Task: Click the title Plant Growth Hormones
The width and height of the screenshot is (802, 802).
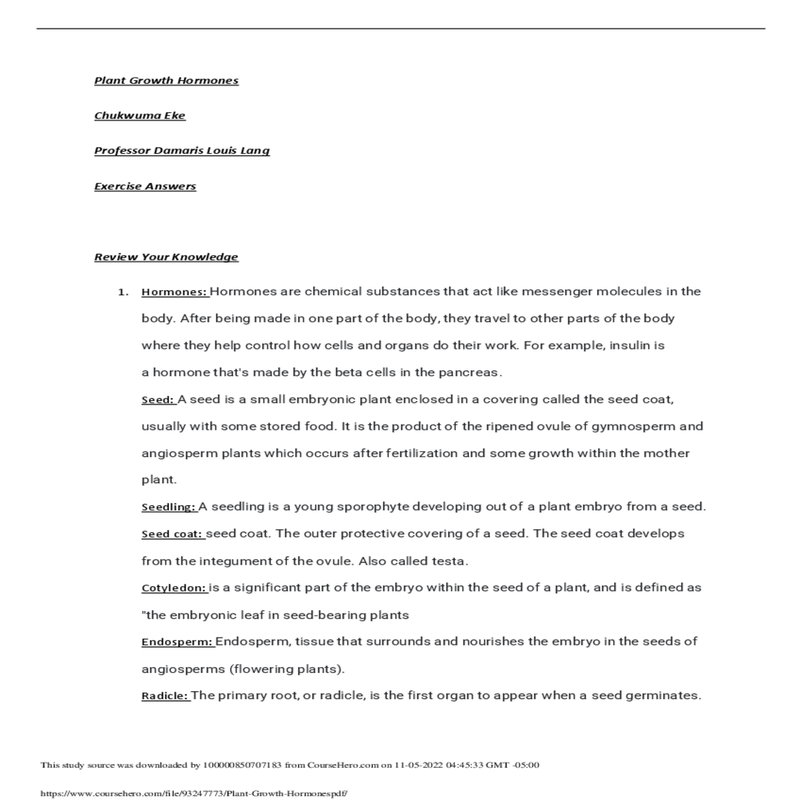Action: (166, 81)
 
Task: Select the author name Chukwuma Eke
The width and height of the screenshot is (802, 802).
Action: (140, 116)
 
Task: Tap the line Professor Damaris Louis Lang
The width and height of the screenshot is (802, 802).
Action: (182, 150)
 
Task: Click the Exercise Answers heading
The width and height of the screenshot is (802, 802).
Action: (145, 186)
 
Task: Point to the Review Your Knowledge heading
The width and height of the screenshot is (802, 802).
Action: (166, 257)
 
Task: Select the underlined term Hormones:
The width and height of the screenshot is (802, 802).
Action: (175, 292)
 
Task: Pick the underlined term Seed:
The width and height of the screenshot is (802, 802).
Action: (158, 400)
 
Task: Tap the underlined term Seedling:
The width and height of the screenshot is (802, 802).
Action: (169, 507)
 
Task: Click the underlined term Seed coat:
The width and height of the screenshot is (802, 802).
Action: (172, 535)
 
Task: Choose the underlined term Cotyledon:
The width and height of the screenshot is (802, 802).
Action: (174, 589)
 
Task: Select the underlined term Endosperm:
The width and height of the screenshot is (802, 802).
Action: (178, 642)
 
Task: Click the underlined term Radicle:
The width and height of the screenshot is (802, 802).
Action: (166, 696)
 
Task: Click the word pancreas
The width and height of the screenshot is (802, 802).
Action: (473, 373)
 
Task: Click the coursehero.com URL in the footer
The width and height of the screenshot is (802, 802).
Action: (194, 794)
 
